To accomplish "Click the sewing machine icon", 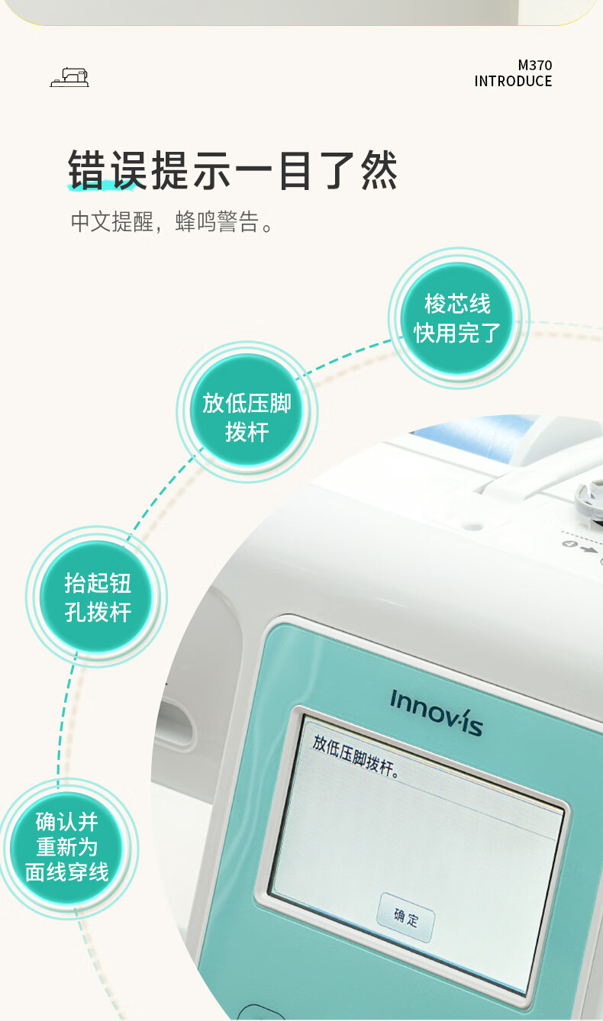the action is pyautogui.click(x=69, y=77).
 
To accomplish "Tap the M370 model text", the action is pyautogui.click(x=534, y=65).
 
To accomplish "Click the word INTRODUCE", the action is pyautogui.click(x=513, y=81).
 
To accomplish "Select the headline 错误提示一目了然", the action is pyautogui.click(x=233, y=170).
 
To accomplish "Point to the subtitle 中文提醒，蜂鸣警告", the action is pyautogui.click(x=172, y=221).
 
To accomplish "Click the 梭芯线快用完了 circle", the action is pyautogui.click(x=458, y=318).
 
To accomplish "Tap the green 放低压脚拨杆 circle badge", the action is pyautogui.click(x=247, y=411).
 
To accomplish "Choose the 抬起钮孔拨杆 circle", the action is pyautogui.click(x=98, y=597).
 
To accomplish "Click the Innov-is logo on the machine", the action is pyautogui.click(x=436, y=713).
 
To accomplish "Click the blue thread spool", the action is pyautogui.click(x=474, y=437).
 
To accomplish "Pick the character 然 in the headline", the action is pyautogui.click(x=379, y=170).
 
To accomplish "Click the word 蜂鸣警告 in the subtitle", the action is pyautogui.click(x=217, y=221).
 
